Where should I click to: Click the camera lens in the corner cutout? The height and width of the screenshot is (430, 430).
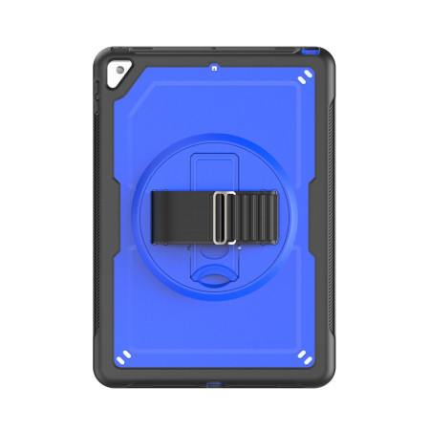point(119,71)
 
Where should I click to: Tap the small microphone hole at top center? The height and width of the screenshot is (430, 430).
point(215,69)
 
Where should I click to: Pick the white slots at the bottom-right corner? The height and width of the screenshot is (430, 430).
point(303,355)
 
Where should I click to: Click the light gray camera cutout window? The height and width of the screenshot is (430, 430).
point(121,76)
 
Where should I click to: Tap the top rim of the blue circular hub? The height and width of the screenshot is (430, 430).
point(215,137)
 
